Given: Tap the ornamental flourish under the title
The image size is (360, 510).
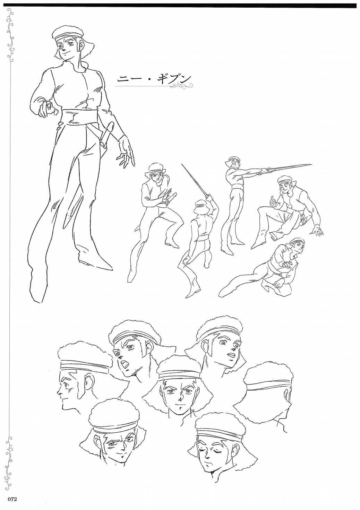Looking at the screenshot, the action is pos(183,86).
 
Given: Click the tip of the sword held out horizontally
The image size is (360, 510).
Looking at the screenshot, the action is pos(311,164).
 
